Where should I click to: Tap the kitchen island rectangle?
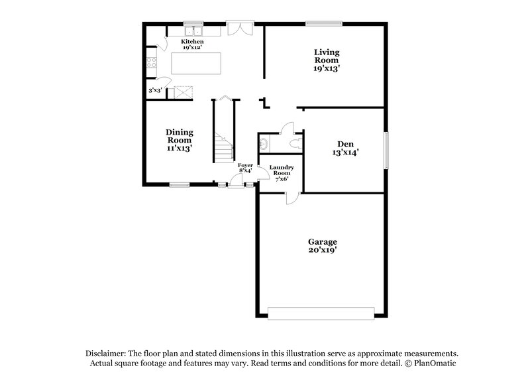[197, 64]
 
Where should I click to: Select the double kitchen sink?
[193, 31]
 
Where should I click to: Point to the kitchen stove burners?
[151, 64]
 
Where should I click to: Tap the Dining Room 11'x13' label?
[179, 140]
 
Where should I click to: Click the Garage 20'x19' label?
[322, 246]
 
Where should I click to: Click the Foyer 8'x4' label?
[246, 167]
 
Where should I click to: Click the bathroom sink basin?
[264, 142]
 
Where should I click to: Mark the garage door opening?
[321, 312]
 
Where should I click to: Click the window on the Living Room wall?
[324, 24]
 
